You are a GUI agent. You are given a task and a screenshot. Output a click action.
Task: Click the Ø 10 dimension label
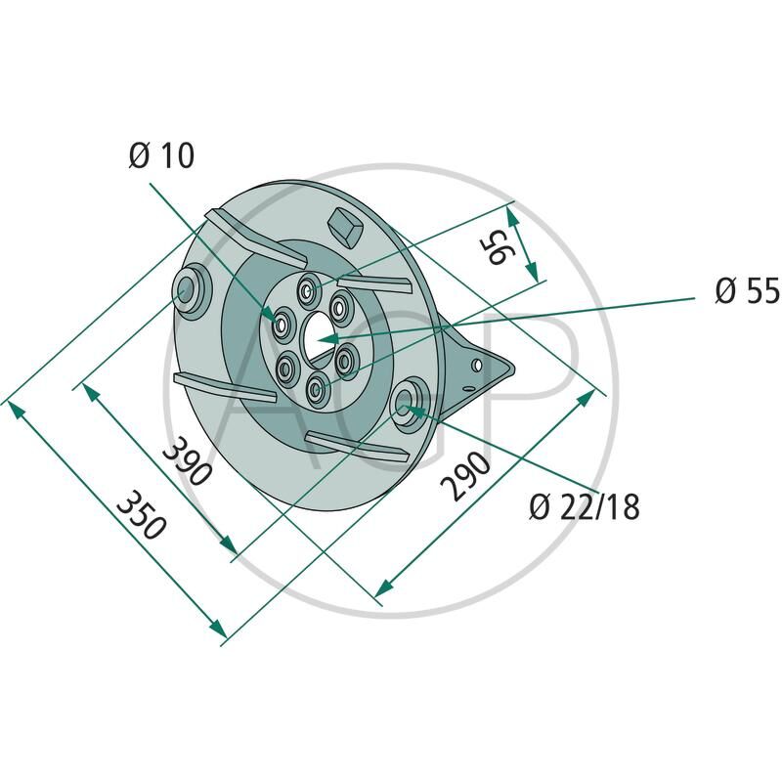161,155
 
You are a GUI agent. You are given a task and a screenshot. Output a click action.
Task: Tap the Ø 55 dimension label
747,290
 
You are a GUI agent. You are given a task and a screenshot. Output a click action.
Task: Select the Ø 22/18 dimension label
584,507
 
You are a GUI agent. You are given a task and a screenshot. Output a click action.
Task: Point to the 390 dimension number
187,461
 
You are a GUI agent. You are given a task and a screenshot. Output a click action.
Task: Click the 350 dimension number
140,515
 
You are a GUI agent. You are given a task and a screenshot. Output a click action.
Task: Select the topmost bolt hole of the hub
307,288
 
